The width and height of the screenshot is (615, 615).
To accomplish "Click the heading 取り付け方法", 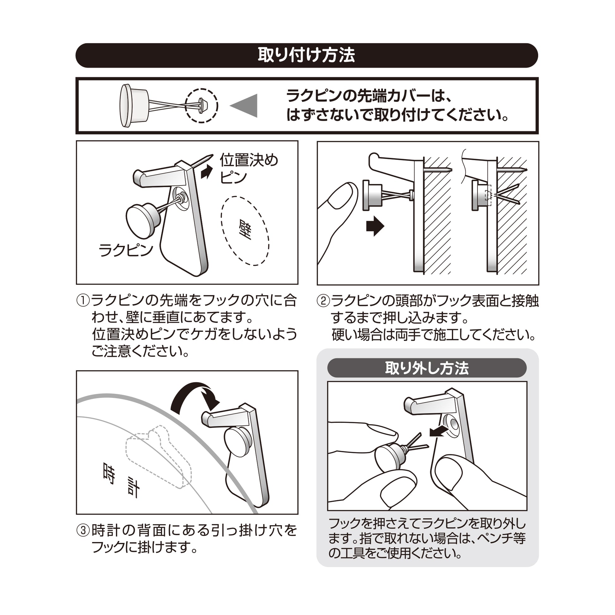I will point(306,55).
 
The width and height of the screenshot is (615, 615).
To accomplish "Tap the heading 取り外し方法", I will point(427,368).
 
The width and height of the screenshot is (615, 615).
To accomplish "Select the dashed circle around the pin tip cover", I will point(202,105).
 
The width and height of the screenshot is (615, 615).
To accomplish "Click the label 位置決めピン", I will point(248,168).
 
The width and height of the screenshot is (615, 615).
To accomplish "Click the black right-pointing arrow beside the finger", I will point(375,226).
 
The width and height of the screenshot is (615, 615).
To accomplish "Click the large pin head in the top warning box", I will point(126,105).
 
